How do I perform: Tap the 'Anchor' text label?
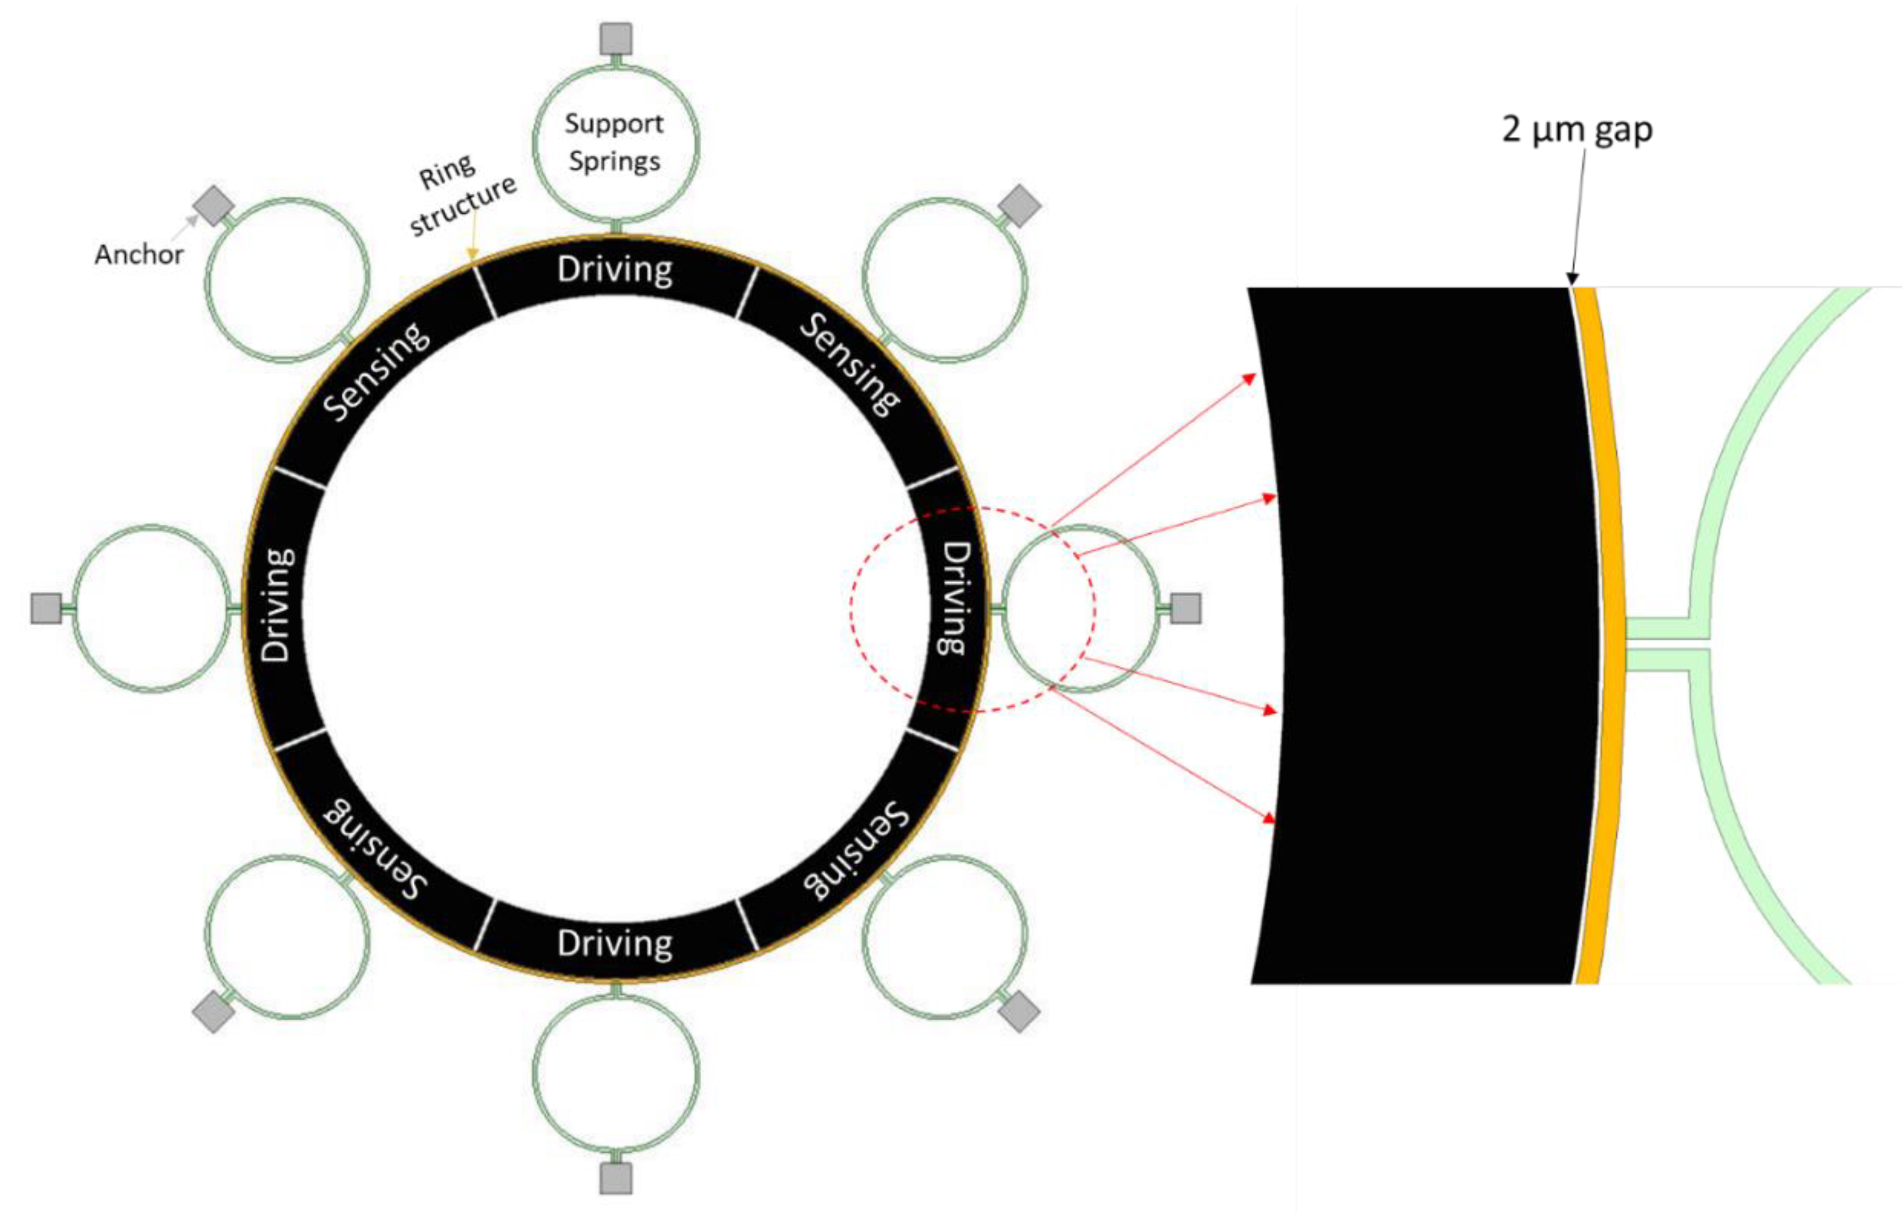coord(139,254)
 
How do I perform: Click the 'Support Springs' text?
coord(614,142)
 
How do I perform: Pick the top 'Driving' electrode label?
coord(614,270)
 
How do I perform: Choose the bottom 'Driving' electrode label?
coord(614,944)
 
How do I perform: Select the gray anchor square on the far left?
coord(46,609)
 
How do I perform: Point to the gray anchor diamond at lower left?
coord(213,1012)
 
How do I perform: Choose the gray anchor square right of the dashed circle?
coord(1185,609)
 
